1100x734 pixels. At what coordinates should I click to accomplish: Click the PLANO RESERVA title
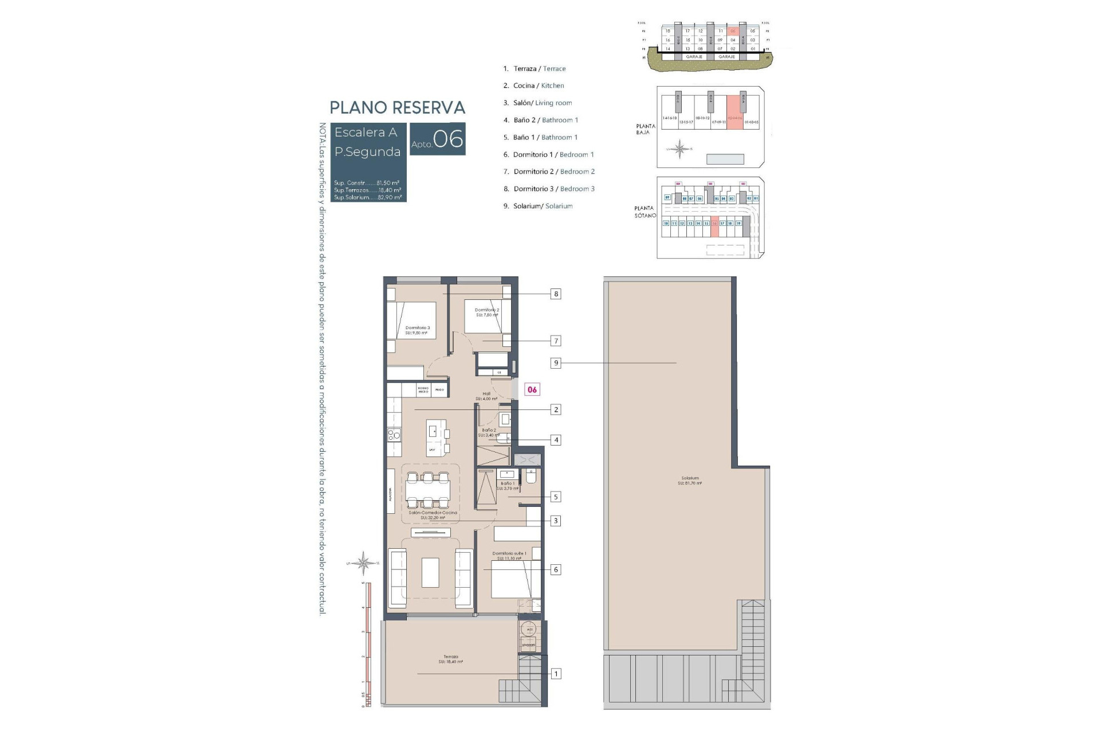(x=397, y=108)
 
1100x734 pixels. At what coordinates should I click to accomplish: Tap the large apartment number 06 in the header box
(x=448, y=139)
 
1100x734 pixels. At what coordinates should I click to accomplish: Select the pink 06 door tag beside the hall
(x=532, y=390)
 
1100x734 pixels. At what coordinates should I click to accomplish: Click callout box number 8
(x=555, y=294)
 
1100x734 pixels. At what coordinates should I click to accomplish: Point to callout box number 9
(x=555, y=363)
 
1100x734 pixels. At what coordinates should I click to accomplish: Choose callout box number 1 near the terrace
(x=555, y=674)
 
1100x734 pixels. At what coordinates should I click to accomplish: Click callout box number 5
(x=555, y=497)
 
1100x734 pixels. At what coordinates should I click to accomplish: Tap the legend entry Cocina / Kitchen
(x=538, y=85)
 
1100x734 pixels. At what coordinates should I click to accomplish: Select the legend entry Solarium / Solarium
(x=542, y=206)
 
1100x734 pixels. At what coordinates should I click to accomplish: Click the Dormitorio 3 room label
(x=417, y=330)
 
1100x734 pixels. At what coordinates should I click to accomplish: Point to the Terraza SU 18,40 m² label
(x=451, y=659)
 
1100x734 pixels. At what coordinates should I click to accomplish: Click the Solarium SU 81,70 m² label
(x=690, y=481)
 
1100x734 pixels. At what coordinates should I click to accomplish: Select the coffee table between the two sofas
(x=430, y=572)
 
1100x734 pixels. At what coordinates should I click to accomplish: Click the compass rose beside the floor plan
(x=363, y=563)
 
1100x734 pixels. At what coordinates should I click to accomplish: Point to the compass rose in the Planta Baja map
(x=679, y=149)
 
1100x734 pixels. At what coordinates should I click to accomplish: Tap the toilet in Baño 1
(x=530, y=477)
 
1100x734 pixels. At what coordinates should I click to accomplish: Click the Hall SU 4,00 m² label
(x=486, y=396)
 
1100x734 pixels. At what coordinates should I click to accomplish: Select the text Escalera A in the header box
(x=366, y=132)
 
